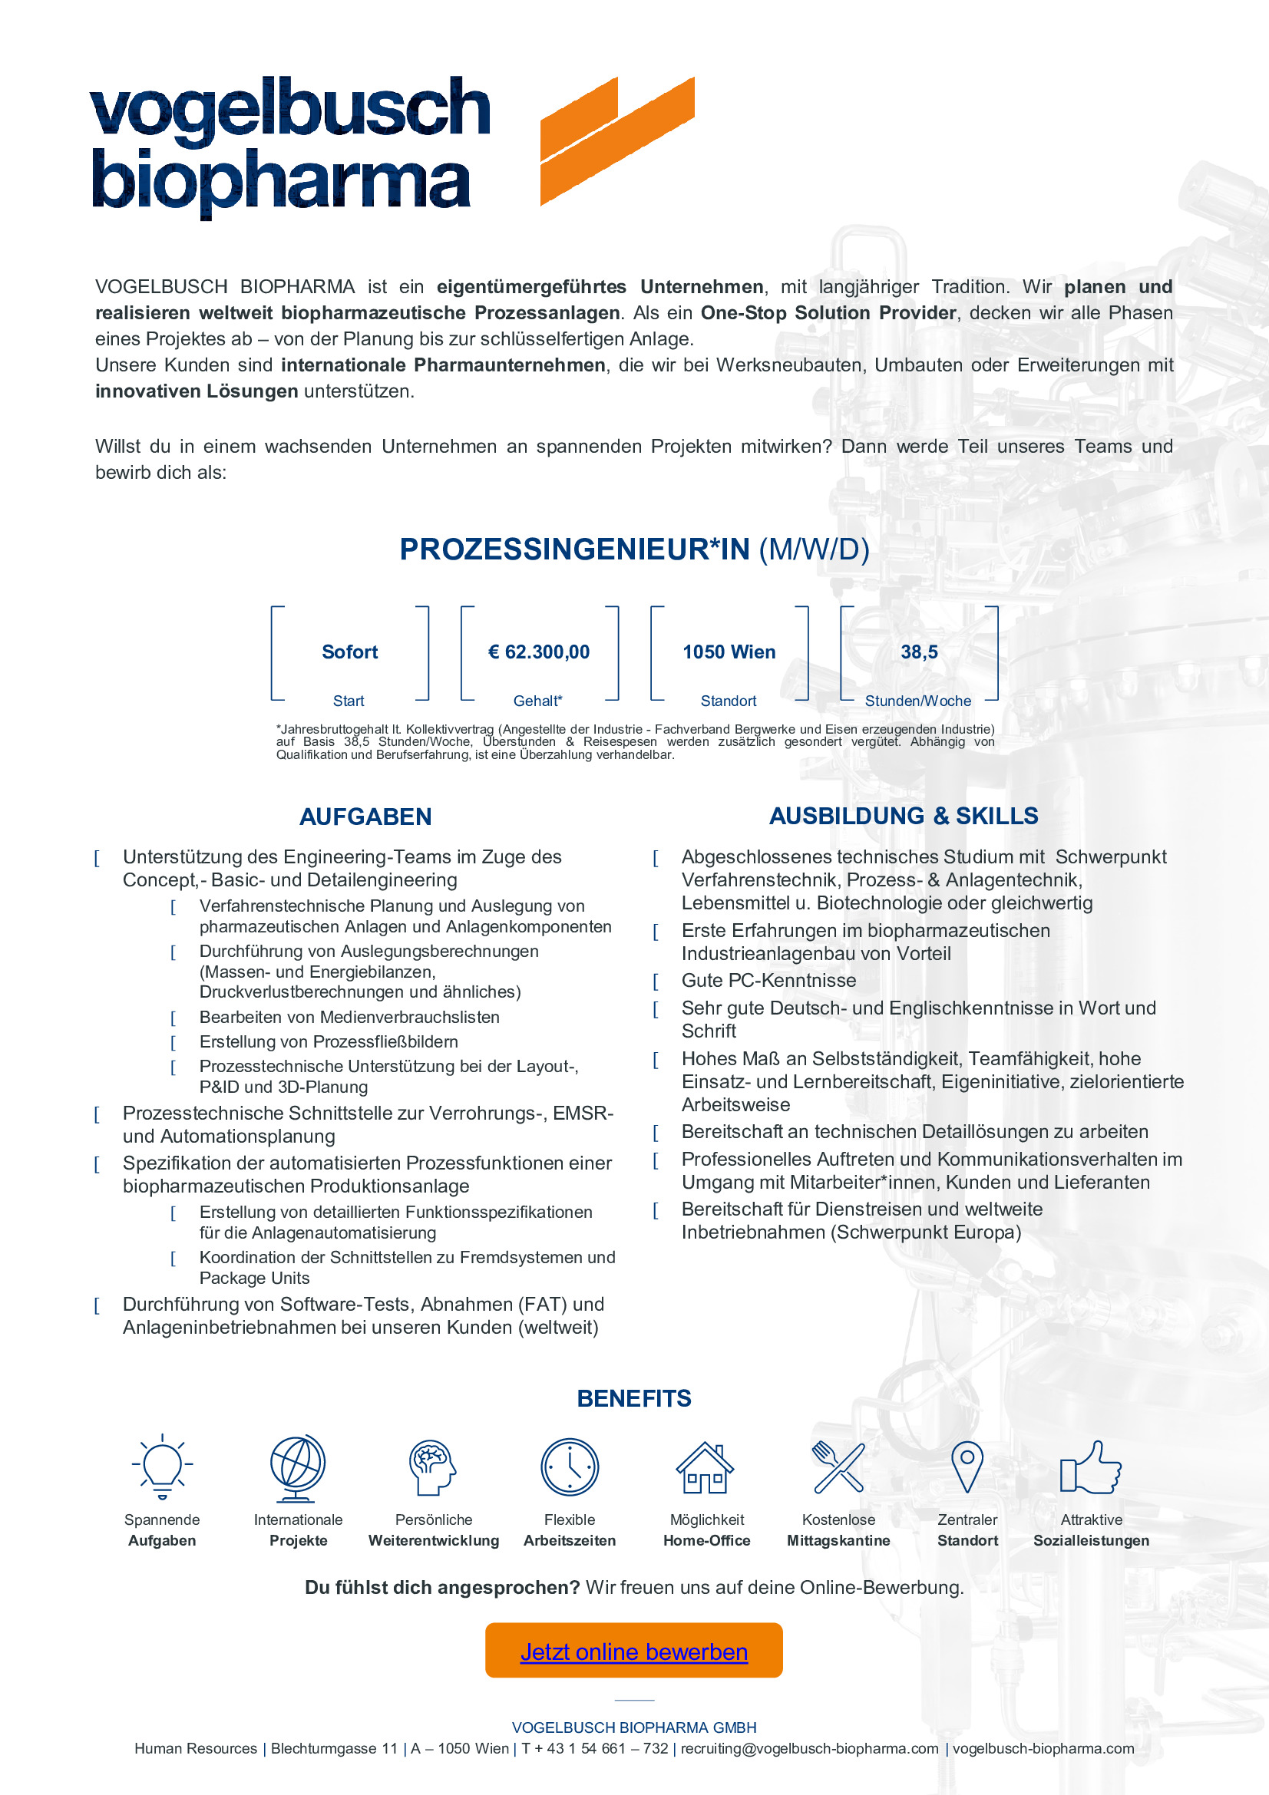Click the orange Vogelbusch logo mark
click(617, 140)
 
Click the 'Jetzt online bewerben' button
click(633, 1651)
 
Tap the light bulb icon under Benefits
click(162, 1467)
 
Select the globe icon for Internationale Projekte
click(297, 1467)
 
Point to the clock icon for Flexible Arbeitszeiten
click(569, 1467)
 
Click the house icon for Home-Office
click(706, 1467)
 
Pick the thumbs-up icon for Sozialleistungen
click(1090, 1467)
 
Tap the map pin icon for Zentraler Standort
click(967, 1466)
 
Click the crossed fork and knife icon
click(838, 1467)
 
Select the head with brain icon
click(432, 1467)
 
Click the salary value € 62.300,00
click(539, 652)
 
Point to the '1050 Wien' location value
click(729, 652)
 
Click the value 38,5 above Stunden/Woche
click(919, 652)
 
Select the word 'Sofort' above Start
click(349, 652)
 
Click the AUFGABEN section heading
click(365, 817)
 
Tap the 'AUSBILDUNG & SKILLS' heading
click(903, 817)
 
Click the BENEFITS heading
click(634, 1399)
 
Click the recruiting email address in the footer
click(809, 1749)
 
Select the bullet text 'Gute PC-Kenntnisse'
click(768, 980)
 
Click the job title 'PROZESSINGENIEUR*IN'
click(575, 549)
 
